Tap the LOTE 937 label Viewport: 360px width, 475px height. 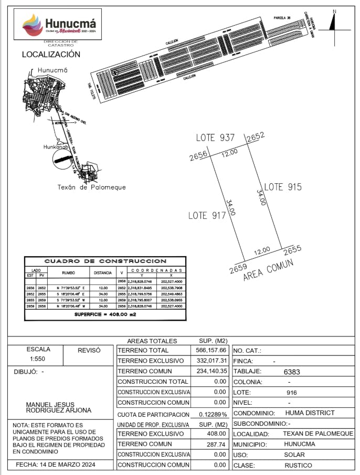click(x=215, y=138)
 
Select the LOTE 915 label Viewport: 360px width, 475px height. click(x=282, y=187)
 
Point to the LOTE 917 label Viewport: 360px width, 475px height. click(x=207, y=215)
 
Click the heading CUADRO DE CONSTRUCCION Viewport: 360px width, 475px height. click(x=105, y=261)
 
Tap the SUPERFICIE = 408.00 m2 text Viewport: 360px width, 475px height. click(x=104, y=314)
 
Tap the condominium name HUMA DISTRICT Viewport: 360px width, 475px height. click(x=310, y=413)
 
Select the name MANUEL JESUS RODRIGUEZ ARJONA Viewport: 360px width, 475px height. click(x=59, y=407)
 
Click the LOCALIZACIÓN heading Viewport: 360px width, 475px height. click(x=51, y=55)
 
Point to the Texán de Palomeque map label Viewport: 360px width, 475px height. click(x=91, y=187)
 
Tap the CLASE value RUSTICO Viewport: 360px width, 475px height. click(x=298, y=466)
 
